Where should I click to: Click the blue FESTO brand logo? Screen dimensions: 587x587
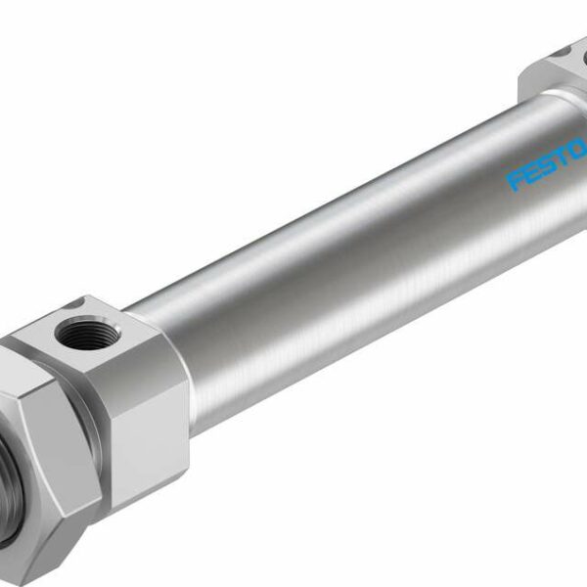click(547, 165)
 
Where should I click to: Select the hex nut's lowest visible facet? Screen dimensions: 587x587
click(59, 548)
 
